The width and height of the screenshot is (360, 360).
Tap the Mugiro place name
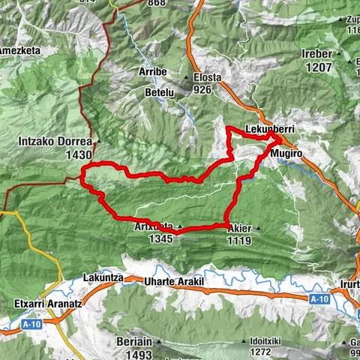[288, 151]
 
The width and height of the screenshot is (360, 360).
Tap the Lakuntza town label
[103, 277]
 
